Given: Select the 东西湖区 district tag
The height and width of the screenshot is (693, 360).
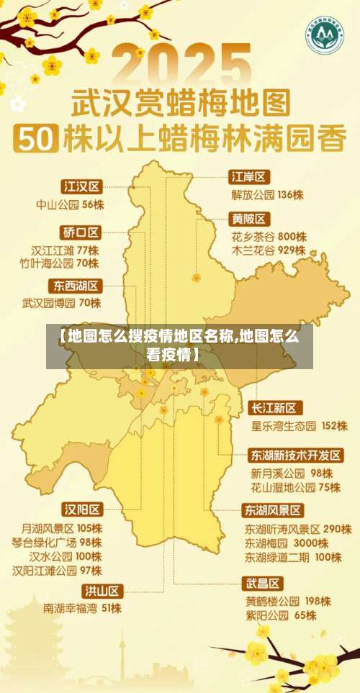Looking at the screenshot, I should coord(76,285).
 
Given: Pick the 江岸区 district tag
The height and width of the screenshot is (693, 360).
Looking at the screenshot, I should coord(248,176).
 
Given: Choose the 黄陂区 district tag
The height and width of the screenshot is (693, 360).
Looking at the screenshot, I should coord(249,218).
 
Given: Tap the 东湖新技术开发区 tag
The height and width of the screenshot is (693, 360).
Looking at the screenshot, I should coord(296,456).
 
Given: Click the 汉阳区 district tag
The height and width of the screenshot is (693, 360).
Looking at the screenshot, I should coord(82,509).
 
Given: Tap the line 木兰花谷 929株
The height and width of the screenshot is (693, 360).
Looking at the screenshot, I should coord(268,251).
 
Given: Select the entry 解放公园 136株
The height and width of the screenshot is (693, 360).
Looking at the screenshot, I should coord(266,194).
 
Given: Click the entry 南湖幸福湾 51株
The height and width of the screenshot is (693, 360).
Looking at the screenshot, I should coord(82,609).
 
